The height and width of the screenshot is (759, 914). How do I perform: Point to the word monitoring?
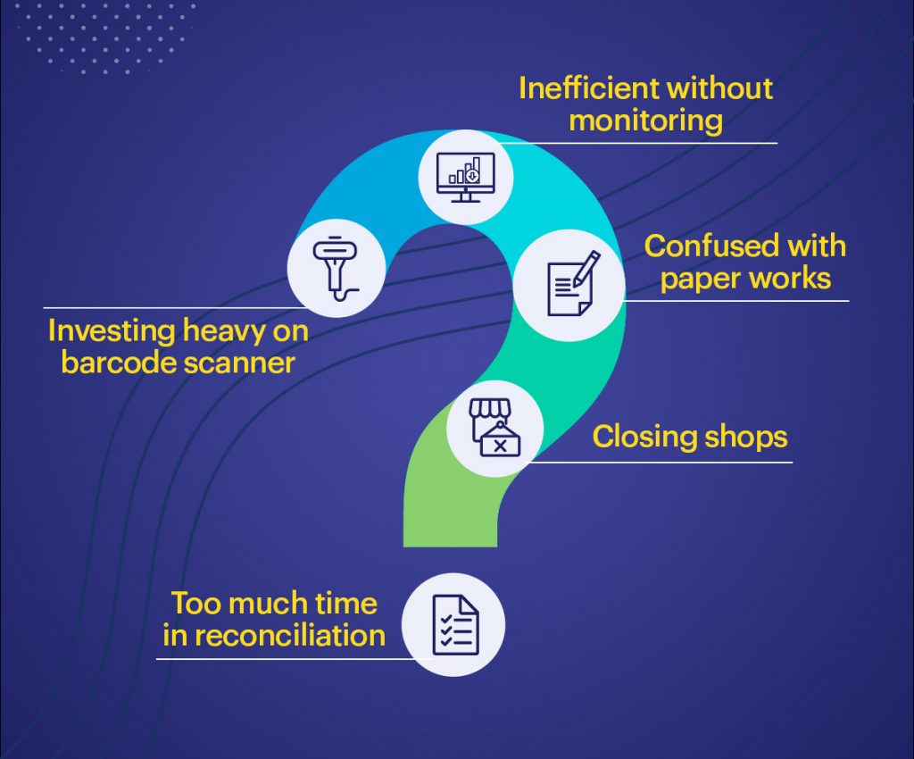(645, 121)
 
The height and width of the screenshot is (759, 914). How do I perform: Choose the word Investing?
(111, 331)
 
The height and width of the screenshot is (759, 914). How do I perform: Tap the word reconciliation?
(290, 635)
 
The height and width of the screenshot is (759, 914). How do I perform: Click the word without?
(720, 88)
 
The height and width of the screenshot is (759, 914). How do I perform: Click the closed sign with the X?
(500, 442)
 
